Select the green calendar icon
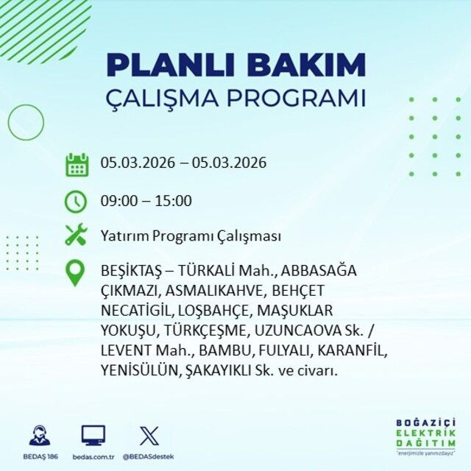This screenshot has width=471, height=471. [x=77, y=163]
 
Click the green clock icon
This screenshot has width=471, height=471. [x=77, y=200]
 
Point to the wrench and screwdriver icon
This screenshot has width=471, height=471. [x=77, y=235]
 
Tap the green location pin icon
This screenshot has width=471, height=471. [x=76, y=273]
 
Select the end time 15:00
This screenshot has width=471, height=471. [x=174, y=201]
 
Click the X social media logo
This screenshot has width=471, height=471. [x=149, y=436]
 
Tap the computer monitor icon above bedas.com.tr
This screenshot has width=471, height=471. [x=93, y=435]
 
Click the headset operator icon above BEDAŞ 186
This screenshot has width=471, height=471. [x=40, y=435]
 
